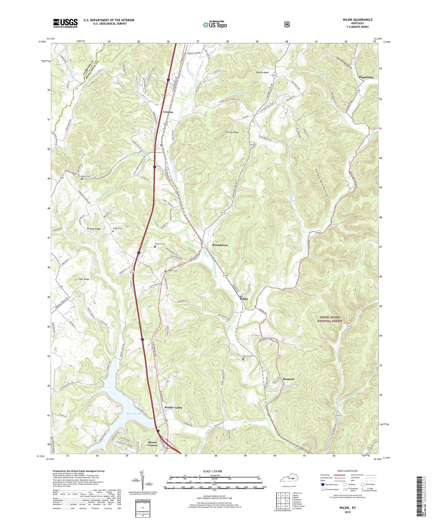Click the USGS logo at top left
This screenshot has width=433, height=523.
[65, 23]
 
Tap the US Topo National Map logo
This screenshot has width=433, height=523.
[215, 25]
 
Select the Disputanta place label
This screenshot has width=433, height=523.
[366, 77]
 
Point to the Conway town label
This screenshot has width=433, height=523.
[168, 112]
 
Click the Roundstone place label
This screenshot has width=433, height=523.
[220, 245]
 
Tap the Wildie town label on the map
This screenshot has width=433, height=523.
[243, 299]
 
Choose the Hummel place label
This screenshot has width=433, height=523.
[288, 379]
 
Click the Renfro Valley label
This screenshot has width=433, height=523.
[173, 408]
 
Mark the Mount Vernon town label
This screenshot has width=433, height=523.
[152, 444]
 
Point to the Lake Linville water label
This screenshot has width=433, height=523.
[133, 414]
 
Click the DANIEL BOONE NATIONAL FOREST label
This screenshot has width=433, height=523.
[330, 319]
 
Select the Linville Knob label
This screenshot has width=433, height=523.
[232, 132]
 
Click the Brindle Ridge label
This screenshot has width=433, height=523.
[94, 229]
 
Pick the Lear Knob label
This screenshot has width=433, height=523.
[84, 279]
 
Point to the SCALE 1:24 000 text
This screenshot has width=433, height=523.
[212, 471]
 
